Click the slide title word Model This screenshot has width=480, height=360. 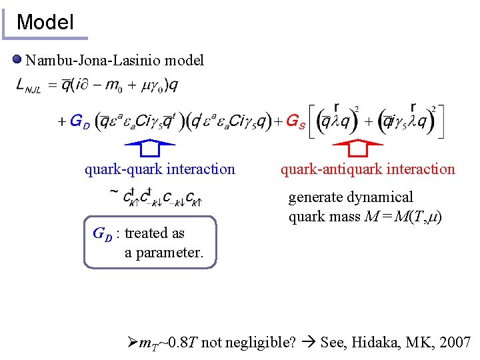click(x=45, y=22)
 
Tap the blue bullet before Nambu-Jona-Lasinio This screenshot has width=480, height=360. click(x=17, y=61)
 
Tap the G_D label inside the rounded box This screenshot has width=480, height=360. click(x=102, y=234)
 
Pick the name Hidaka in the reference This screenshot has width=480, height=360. click(x=378, y=343)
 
